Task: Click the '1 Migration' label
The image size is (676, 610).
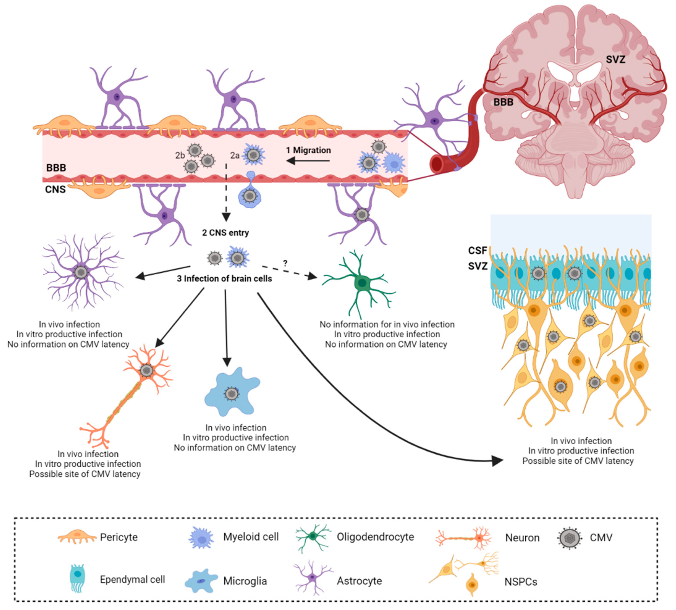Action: click(308, 150)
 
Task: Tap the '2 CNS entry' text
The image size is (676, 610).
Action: click(225, 233)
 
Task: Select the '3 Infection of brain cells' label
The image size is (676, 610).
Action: click(224, 279)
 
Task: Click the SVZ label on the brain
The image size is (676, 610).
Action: click(615, 60)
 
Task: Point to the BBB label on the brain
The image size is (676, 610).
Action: click(503, 102)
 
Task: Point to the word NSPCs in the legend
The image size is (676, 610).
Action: click(521, 582)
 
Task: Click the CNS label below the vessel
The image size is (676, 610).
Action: click(55, 189)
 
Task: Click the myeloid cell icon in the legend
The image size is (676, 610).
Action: click(201, 538)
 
